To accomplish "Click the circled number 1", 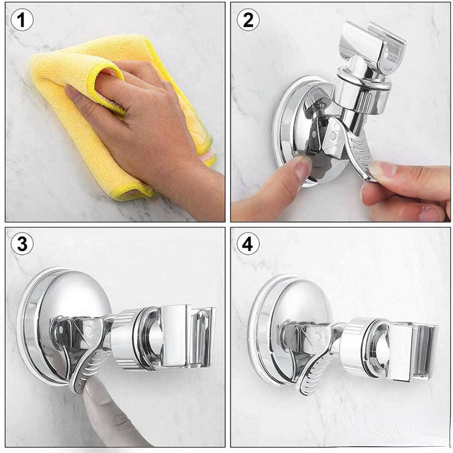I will click(22, 20).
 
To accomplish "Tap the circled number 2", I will click(248, 20).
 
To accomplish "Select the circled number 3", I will click(22, 245).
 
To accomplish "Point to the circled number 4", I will click(248, 245).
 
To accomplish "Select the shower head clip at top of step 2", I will click(371, 45).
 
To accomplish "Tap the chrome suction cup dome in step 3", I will click(72, 294).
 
